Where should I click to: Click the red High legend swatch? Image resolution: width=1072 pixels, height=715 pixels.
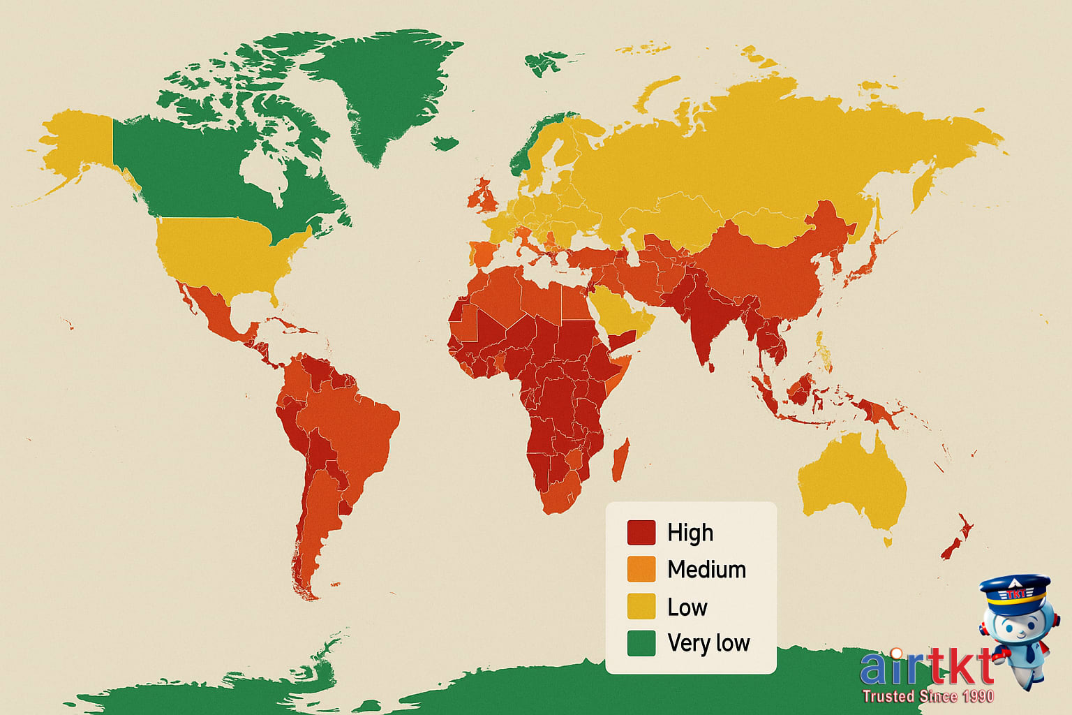(x=641, y=533)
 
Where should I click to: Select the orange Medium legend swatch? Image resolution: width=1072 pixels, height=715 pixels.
(x=641, y=569)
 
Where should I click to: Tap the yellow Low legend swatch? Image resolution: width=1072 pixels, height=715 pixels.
(x=641, y=606)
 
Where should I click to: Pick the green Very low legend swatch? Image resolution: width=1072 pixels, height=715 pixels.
(x=641, y=643)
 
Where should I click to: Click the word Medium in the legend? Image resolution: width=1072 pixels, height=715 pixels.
(x=706, y=569)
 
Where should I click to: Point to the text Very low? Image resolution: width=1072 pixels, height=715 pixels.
(x=708, y=643)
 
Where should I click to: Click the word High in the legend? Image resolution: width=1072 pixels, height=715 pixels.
(x=690, y=533)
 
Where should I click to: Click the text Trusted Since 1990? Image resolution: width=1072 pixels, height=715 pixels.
(x=928, y=696)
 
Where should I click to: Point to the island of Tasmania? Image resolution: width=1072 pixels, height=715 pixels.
(x=888, y=541)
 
